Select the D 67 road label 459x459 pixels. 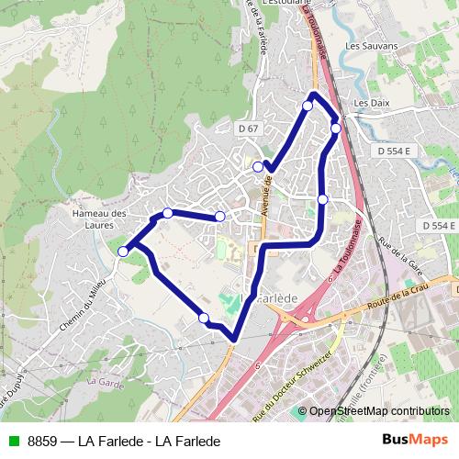click(246, 129)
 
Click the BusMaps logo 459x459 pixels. click(416, 440)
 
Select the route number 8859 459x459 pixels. click(43, 441)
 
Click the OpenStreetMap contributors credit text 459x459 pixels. click(379, 411)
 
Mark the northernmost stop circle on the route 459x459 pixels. click(308, 106)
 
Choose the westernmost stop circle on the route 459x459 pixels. click(123, 251)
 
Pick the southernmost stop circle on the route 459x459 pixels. click(203, 319)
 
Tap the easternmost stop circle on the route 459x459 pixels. click(336, 129)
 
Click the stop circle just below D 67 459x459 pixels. click(258, 167)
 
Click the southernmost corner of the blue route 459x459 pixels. click(235, 339)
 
